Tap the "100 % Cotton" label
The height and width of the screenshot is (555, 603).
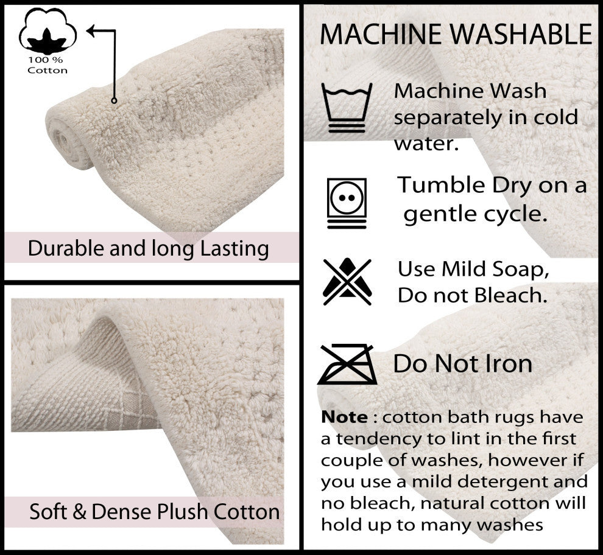pos(48,66)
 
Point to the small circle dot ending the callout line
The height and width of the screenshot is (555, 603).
pos(114,100)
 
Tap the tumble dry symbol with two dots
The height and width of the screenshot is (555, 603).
pos(347,203)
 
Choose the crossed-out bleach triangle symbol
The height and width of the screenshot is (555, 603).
pos(347,282)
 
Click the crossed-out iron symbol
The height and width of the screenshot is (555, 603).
pos(345,364)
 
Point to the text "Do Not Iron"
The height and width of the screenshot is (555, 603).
pos(463,364)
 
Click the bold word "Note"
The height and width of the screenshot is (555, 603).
pos(344,418)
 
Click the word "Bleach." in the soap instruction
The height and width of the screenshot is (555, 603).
pos(511,296)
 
